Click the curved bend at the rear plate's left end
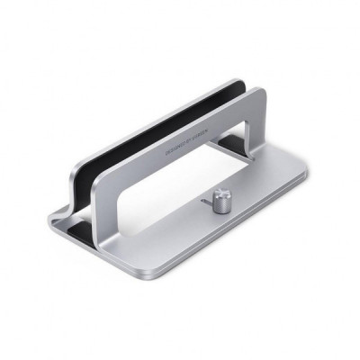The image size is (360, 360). [x=67, y=211]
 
